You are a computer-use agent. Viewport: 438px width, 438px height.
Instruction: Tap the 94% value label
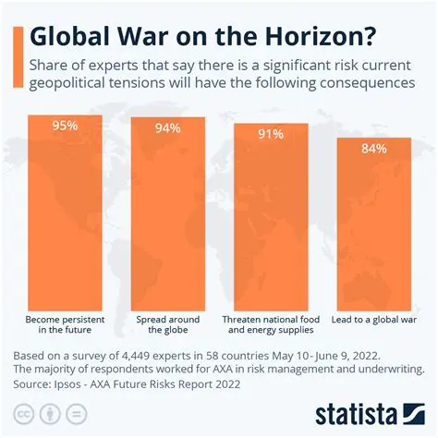[167, 128]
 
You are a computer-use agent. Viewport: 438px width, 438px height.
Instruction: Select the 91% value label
[270, 134]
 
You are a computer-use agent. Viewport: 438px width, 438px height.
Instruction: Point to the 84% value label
[372, 149]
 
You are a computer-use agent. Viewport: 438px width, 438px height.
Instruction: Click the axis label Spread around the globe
[167, 323]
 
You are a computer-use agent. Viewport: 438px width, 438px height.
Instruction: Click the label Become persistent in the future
[66, 323]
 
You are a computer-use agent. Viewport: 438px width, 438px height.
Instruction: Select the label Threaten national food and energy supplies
[270, 323]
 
